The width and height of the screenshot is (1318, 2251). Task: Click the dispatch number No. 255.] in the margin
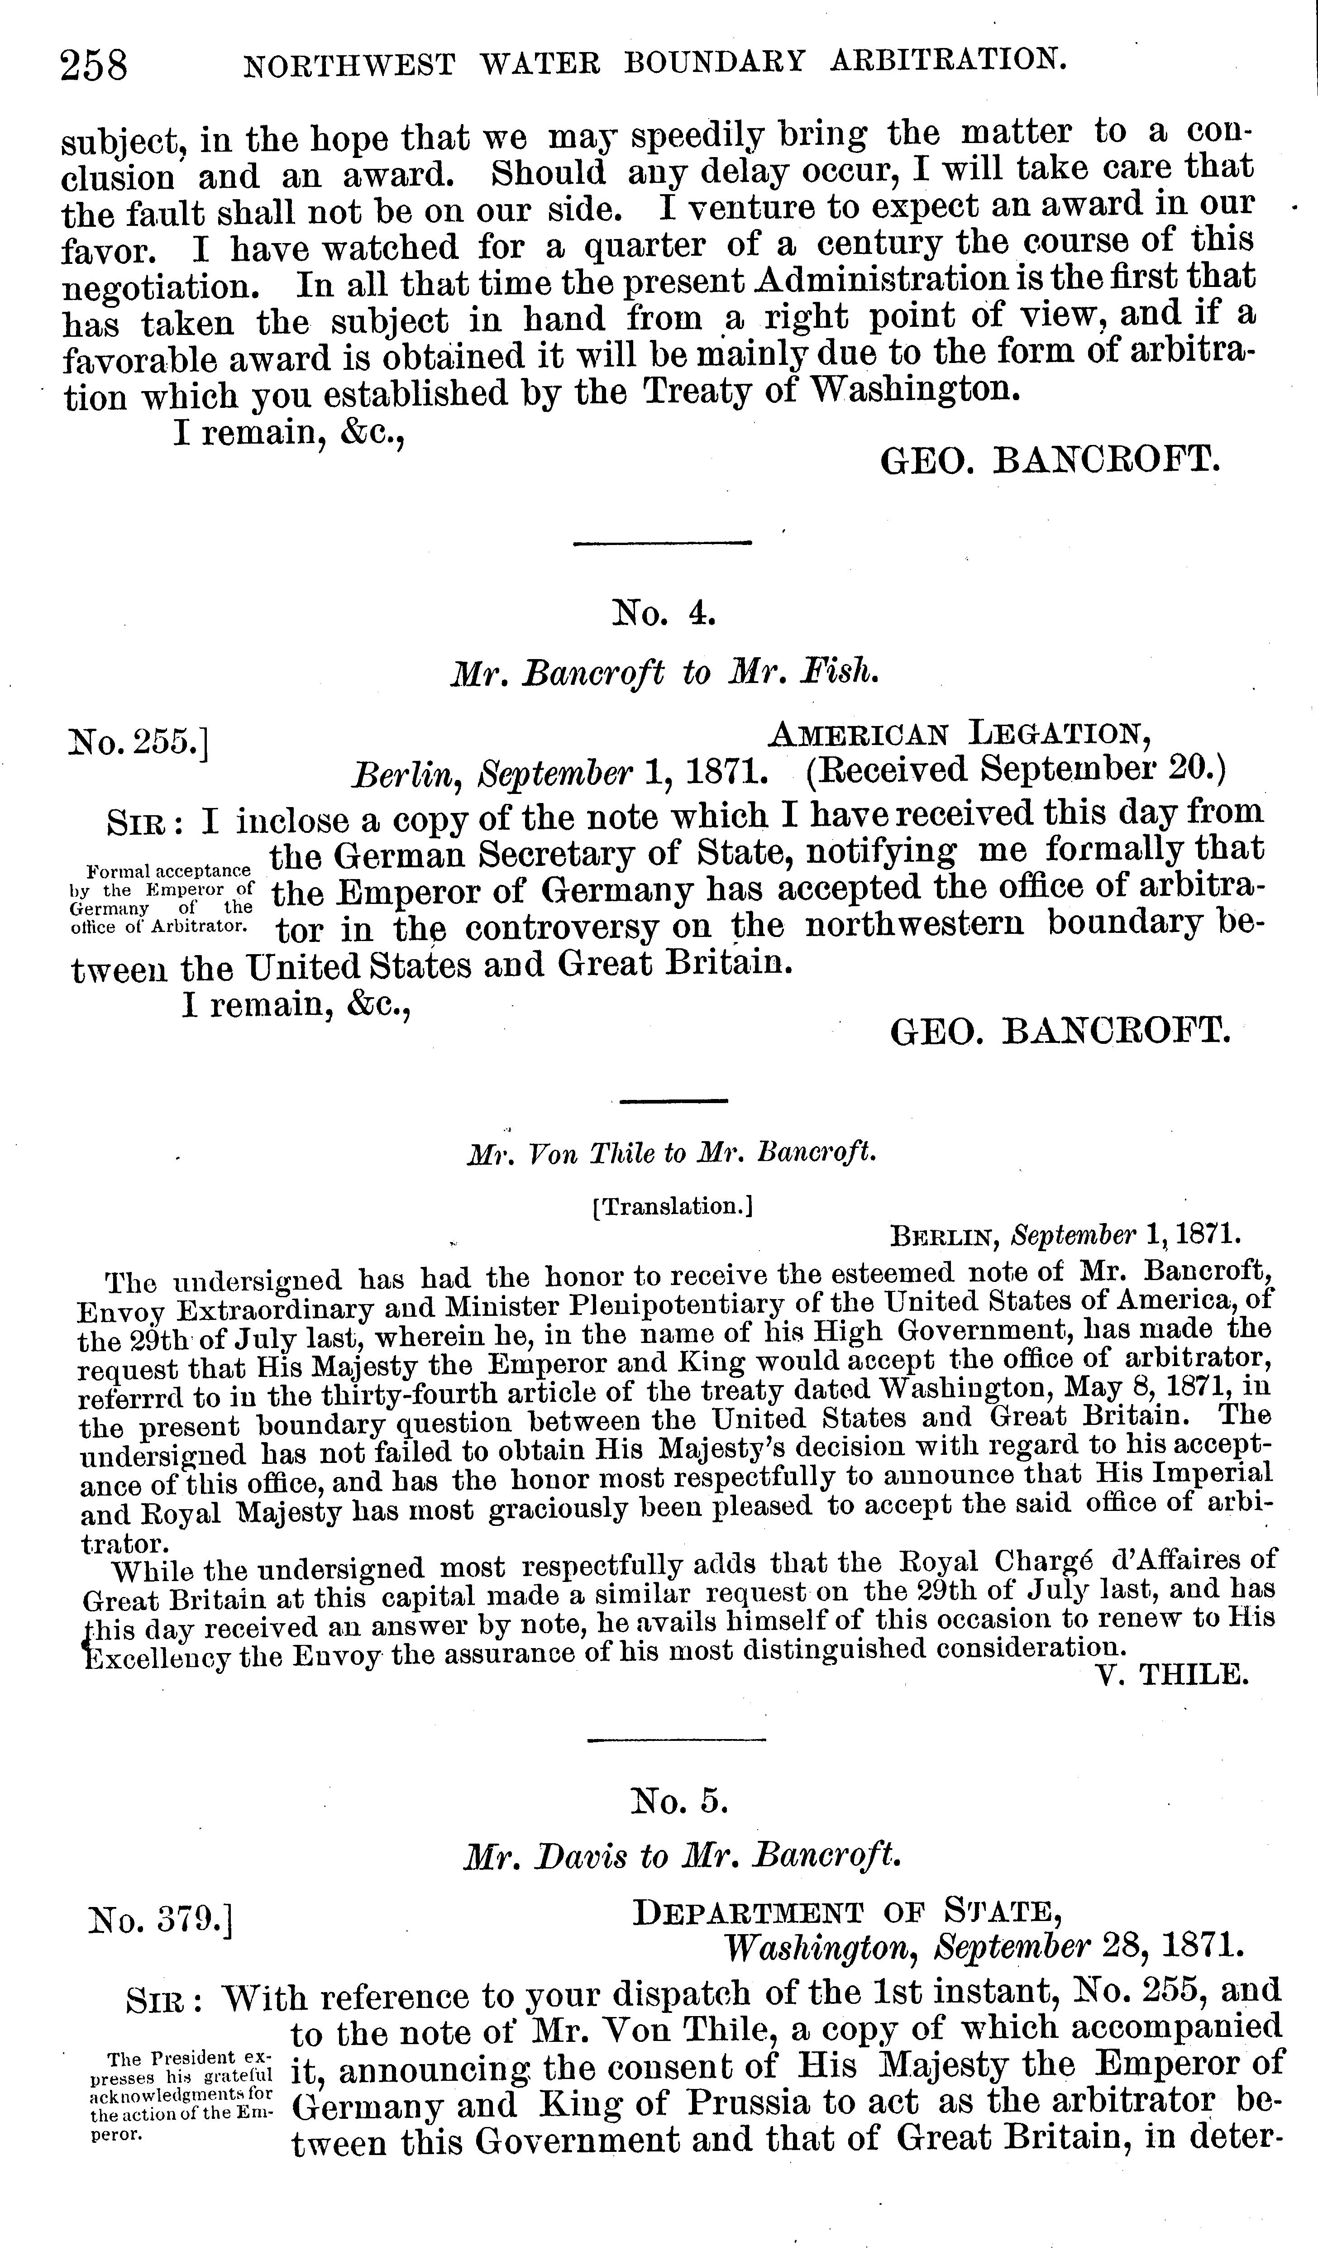[x=138, y=741]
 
